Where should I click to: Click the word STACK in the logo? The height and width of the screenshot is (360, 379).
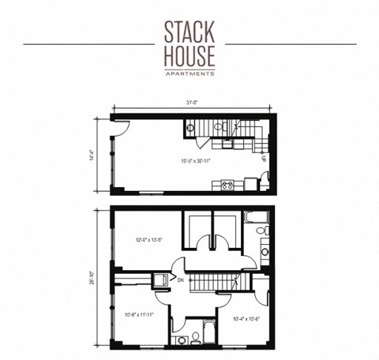(x=189, y=31)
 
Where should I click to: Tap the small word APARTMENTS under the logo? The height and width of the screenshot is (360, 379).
(x=189, y=73)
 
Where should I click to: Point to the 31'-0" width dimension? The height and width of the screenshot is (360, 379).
(x=190, y=103)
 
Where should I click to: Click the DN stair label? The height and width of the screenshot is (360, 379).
(x=180, y=279)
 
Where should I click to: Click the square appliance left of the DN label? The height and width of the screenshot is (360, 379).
(x=160, y=279)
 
